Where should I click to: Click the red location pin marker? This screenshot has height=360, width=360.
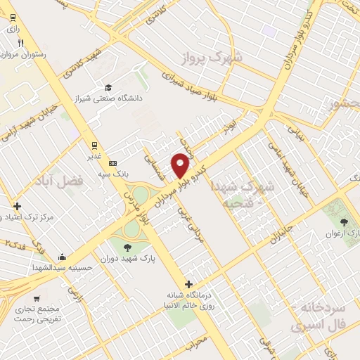click(x=181, y=165)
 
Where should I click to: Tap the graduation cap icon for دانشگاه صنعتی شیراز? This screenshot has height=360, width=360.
click(x=108, y=87)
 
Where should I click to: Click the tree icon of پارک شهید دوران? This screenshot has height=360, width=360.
click(x=127, y=247)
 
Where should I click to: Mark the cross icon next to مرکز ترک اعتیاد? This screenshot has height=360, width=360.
click(x=17, y=207)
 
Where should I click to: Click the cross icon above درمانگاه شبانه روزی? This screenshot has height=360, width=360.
click(x=186, y=284)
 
